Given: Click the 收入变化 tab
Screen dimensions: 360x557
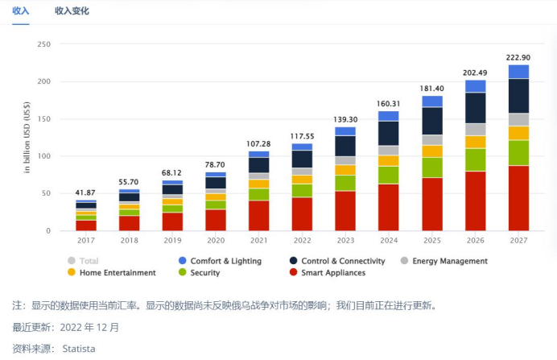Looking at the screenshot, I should pyautogui.click(x=72, y=11).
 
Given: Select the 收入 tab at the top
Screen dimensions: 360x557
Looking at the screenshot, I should pyautogui.click(x=21, y=11).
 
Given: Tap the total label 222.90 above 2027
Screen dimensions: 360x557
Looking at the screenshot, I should pyautogui.click(x=518, y=58).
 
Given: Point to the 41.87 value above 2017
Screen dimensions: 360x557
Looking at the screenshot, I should pyautogui.click(x=86, y=193).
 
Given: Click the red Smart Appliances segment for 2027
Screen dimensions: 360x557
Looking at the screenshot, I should pyautogui.click(x=518, y=198).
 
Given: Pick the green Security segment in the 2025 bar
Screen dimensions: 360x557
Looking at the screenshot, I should pyautogui.click(x=432, y=167).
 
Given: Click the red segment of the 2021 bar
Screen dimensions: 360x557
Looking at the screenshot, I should pyautogui.click(x=259, y=215).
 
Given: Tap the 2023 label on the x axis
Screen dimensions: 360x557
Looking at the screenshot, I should pyautogui.click(x=345, y=239).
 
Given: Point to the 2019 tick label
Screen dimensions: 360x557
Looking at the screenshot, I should pyautogui.click(x=172, y=239).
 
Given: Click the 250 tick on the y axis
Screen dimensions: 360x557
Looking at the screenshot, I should pyautogui.click(x=44, y=44).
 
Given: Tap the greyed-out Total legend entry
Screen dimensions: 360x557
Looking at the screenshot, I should pyautogui.click(x=88, y=261).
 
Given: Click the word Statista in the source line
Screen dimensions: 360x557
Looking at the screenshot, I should pyautogui.click(x=79, y=348).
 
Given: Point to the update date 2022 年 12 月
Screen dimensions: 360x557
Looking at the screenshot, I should pyautogui.click(x=90, y=328).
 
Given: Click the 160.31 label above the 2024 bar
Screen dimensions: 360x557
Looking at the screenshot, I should pyautogui.click(x=389, y=104).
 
